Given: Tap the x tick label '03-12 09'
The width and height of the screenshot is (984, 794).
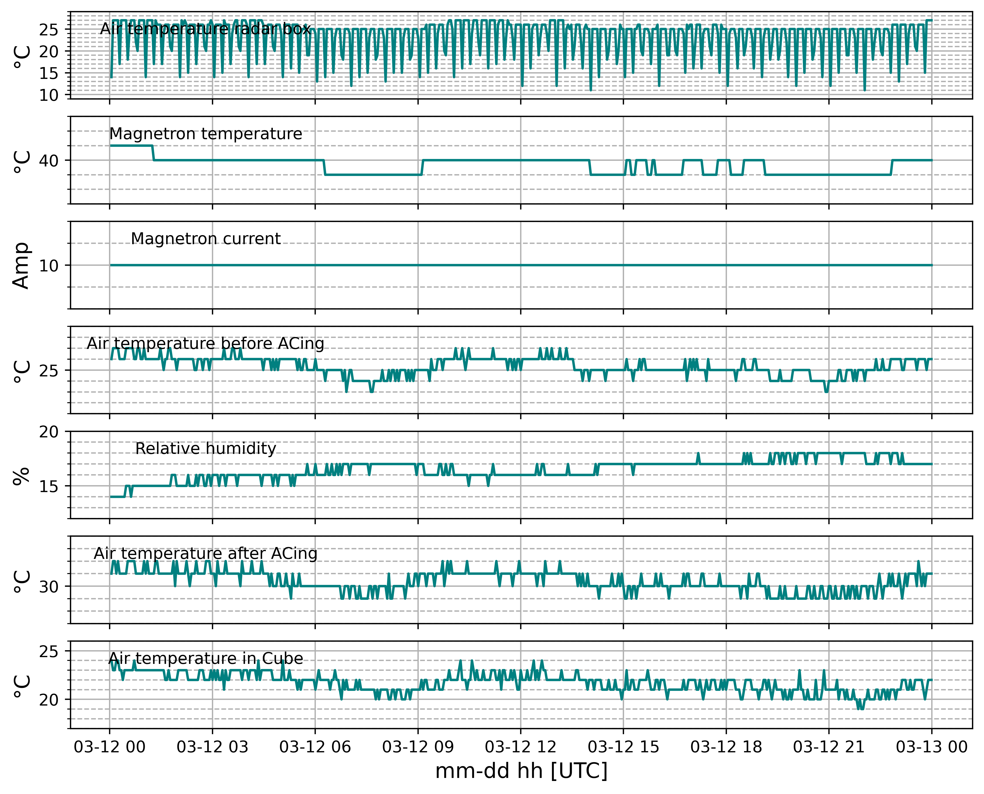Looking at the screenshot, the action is (418, 747).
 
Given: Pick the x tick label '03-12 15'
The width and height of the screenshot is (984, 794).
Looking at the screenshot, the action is (623, 747).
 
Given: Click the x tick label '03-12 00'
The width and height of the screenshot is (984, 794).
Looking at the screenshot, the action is (109, 747).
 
